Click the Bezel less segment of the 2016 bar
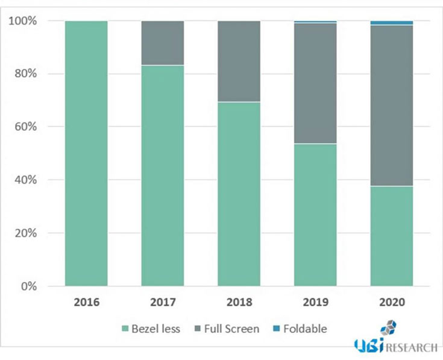click(x=86, y=153)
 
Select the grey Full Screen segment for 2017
click(x=163, y=43)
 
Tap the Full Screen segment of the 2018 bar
click(x=239, y=62)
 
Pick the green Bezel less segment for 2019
click(x=315, y=215)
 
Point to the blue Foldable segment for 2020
click(x=392, y=23)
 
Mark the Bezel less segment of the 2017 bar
click(x=163, y=175)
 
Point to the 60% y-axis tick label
click(x=25, y=127)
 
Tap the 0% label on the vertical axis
click(x=28, y=286)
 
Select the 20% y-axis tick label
click(x=25, y=233)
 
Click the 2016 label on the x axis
click(x=86, y=302)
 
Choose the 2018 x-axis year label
click(x=239, y=302)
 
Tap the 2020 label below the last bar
click(x=392, y=302)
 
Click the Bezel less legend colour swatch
click(x=125, y=329)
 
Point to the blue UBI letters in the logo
click(x=368, y=346)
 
